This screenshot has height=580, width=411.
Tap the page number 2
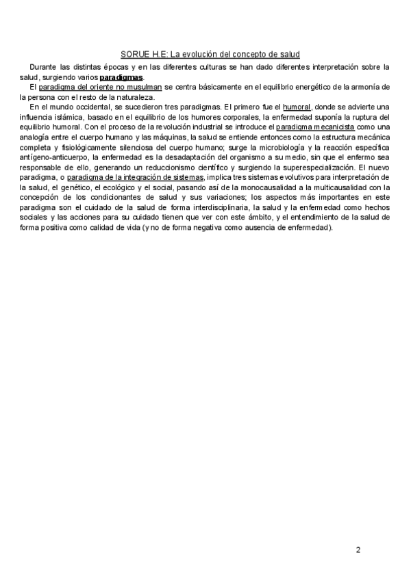(358, 550)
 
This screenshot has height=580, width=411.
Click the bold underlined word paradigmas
(121, 77)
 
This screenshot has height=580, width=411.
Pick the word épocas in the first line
(117, 67)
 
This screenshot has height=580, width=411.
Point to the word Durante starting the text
(44, 67)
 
